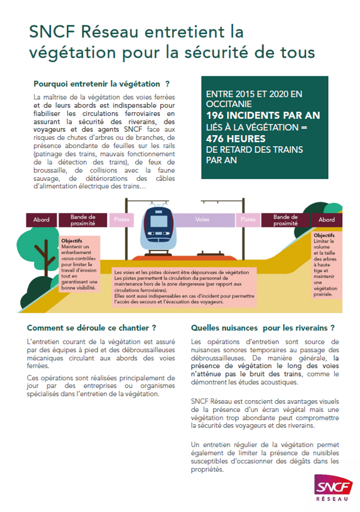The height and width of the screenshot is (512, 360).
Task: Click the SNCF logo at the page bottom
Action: click(x=329, y=485)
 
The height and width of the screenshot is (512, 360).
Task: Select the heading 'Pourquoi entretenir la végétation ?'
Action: click(x=102, y=84)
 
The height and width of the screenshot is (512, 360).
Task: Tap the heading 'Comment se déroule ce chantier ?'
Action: click(x=91, y=328)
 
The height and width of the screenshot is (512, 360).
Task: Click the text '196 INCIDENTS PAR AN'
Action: click(x=263, y=116)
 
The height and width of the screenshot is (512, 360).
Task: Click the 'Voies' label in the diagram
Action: click(x=202, y=219)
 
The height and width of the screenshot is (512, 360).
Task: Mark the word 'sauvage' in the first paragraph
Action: click(x=45, y=179)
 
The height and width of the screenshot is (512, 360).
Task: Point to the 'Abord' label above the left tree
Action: click(x=41, y=219)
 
